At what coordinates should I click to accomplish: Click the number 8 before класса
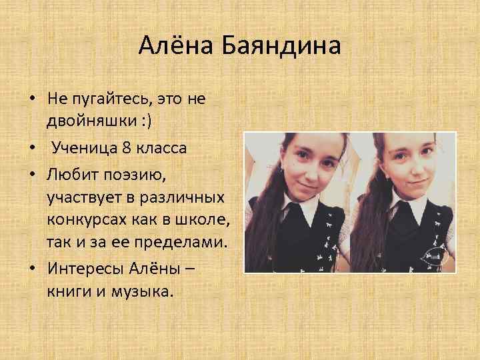[x=128, y=147]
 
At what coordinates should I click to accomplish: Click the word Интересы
[x=82, y=267]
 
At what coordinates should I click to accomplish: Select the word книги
[x=67, y=291]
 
